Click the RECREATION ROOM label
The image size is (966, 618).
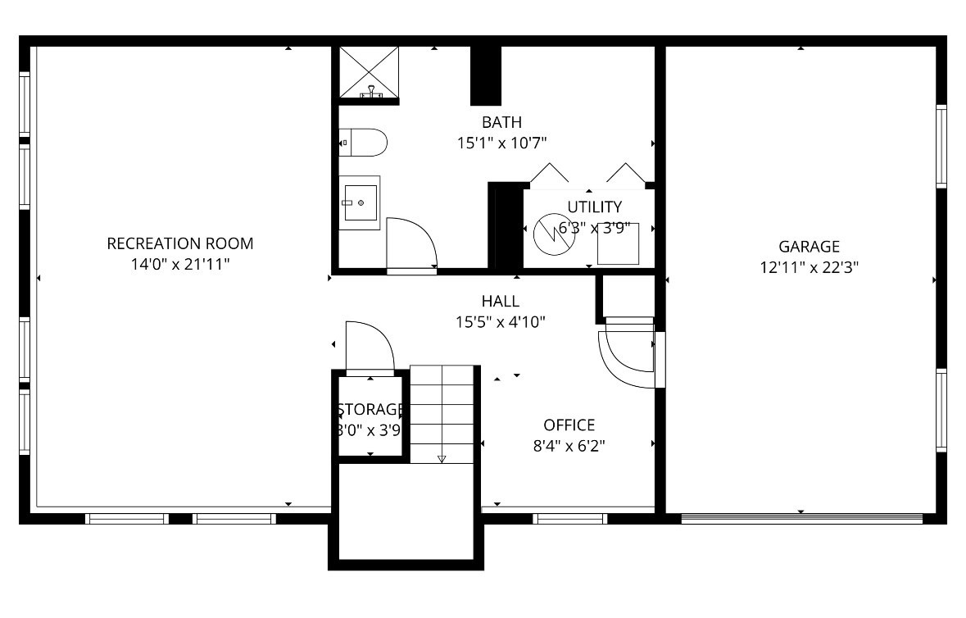tap(180, 243)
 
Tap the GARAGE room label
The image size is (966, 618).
tap(809, 246)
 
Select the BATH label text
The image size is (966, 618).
tap(501, 123)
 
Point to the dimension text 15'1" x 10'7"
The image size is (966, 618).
tap(501, 143)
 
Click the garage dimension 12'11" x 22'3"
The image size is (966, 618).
tap(809, 266)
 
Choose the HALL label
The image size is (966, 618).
tap(500, 302)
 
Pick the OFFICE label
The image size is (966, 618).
tap(569, 425)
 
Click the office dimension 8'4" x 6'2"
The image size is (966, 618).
tap(569, 446)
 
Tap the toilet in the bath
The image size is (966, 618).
tap(363, 143)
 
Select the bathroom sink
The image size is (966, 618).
tap(360, 202)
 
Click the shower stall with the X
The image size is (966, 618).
tap(368, 72)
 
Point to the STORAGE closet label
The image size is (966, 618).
tap(370, 409)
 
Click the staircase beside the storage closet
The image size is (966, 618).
tap(442, 414)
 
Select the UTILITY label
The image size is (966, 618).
tap(595, 207)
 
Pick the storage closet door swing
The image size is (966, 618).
tap(370, 348)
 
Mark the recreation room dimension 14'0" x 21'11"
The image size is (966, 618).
tap(180, 264)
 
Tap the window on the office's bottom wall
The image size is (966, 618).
tap(569, 518)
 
